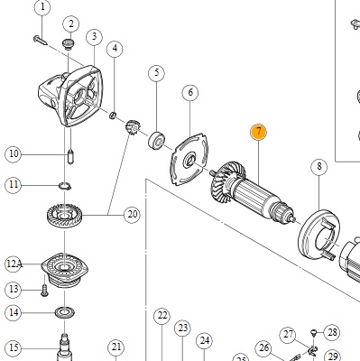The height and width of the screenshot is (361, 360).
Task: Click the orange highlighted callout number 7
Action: (x=258, y=132)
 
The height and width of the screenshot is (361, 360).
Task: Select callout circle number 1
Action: (x=42, y=7)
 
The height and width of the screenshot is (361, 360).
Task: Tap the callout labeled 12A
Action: (x=14, y=264)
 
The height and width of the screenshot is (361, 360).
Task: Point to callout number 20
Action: (x=132, y=215)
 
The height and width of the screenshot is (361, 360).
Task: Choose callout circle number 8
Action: (x=319, y=166)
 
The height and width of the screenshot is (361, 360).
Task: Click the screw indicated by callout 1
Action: (x=40, y=40)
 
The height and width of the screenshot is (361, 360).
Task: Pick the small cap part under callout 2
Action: (x=69, y=43)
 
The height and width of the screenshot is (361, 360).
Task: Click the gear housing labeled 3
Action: (x=71, y=96)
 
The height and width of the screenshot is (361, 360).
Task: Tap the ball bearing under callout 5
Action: (x=157, y=141)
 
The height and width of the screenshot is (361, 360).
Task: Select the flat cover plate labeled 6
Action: (x=189, y=160)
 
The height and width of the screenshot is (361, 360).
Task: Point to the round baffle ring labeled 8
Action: (x=318, y=235)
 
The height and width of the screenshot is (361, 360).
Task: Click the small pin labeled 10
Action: (x=70, y=157)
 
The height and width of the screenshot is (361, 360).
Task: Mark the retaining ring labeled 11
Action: (x=65, y=186)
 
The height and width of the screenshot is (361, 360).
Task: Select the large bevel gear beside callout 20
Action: (x=64, y=216)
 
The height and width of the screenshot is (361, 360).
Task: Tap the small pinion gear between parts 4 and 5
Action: (x=133, y=127)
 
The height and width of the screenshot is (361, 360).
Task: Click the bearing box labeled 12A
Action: (x=64, y=270)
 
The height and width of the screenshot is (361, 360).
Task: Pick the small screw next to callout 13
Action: (x=44, y=291)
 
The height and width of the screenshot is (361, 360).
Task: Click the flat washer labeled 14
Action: (x=65, y=312)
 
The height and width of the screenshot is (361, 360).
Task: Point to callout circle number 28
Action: (x=332, y=332)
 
